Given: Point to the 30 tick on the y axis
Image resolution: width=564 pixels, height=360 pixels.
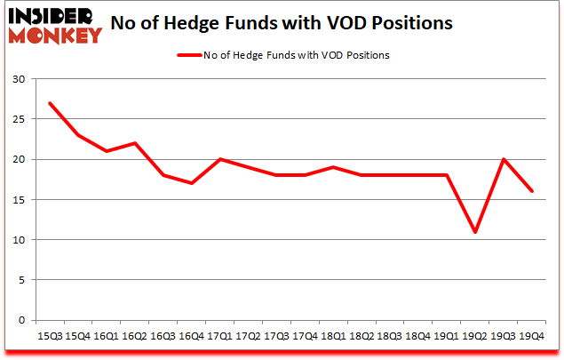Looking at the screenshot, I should pyautogui.click(x=19, y=79).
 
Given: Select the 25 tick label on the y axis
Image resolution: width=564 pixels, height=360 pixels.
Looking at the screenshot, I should pyautogui.click(x=19, y=119).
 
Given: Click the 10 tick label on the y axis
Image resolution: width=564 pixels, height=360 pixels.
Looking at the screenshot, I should pyautogui.click(x=19, y=240).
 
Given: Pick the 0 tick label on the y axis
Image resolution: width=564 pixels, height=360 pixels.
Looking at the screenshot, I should pyautogui.click(x=22, y=320).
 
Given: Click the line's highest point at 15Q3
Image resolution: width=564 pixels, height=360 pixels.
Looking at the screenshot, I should pyautogui.click(x=49, y=103).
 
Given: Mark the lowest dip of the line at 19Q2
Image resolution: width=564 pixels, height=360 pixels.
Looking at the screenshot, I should pyautogui.click(x=476, y=232).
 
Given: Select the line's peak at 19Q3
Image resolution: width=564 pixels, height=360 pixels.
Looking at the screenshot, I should pyautogui.click(x=504, y=159).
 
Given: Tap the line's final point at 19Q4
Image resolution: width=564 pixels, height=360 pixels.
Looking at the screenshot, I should pyautogui.click(x=533, y=191).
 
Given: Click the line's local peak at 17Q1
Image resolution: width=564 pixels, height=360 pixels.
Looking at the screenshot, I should pyautogui.click(x=219, y=159).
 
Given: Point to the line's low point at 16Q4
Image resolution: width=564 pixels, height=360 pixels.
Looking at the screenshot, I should pyautogui.click(x=191, y=183).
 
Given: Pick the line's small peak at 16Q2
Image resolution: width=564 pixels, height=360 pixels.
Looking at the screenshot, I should pyautogui.click(x=134, y=143).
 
